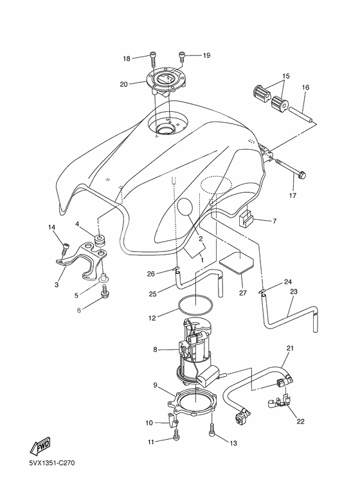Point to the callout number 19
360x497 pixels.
click(207, 55)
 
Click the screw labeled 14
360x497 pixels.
click(65, 246)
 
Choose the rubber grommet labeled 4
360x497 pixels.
click(100, 242)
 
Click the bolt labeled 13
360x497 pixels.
click(212, 432)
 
